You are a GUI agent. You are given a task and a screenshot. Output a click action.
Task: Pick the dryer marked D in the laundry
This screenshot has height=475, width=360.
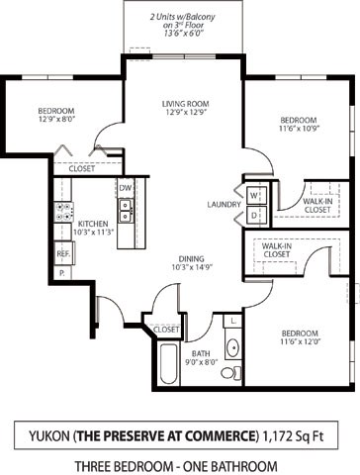(x=253, y=213)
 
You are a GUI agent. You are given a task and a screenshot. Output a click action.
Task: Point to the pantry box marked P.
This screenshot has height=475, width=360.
(x=61, y=271)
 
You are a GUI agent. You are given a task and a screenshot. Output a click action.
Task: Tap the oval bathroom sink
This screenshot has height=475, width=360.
(x=231, y=347)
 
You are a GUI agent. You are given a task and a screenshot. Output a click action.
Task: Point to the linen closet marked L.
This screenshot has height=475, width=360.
(x=231, y=322)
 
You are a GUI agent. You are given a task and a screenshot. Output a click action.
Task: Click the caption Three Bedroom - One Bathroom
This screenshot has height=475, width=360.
(x=180, y=437)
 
